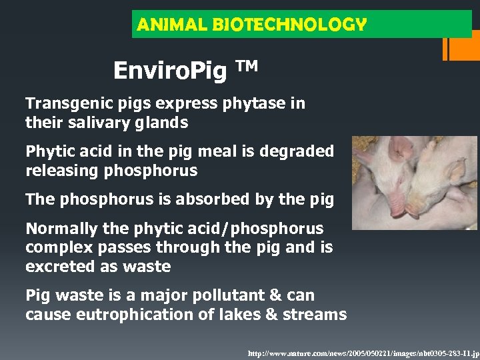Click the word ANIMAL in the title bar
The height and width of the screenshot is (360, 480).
click(161, 25)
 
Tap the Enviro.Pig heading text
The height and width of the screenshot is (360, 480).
click(170, 70)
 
